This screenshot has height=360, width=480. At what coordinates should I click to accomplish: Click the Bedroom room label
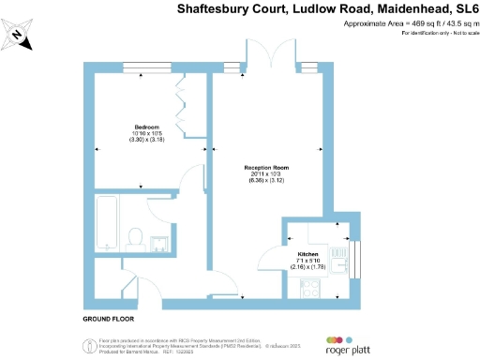tap(145, 127)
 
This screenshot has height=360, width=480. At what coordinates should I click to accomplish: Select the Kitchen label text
tap(309, 254)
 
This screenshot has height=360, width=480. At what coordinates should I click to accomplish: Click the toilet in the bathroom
tap(134, 238)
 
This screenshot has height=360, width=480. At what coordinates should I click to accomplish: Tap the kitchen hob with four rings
tap(309, 290)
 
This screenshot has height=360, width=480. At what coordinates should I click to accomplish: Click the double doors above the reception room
tap(270, 56)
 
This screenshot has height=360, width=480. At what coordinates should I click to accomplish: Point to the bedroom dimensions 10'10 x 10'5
tap(144, 133)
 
